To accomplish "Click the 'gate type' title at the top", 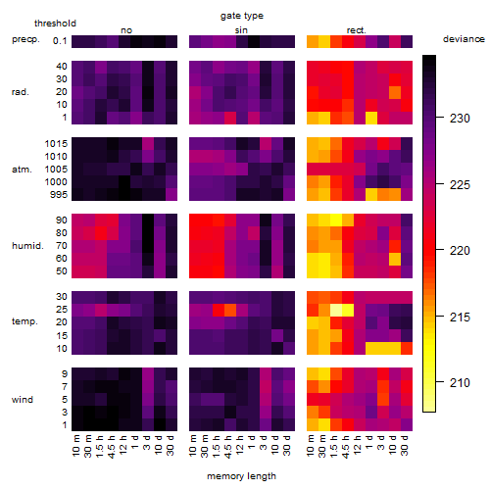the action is (x=242, y=16).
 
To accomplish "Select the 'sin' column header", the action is (x=241, y=30).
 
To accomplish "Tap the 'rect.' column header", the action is (x=356, y=30).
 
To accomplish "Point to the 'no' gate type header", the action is (x=126, y=30).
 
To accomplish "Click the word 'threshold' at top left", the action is (x=55, y=24).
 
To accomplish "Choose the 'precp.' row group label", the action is (x=25, y=39).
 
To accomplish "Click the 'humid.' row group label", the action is (x=27, y=245).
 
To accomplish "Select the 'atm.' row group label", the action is (x=22, y=170).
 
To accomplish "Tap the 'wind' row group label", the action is (x=23, y=399).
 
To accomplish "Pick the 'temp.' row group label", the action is (x=24, y=321).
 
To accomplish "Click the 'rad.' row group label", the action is (x=21, y=92).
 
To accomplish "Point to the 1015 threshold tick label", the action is (x=56, y=143).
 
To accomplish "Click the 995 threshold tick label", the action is (x=59, y=194).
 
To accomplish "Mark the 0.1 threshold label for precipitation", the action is (x=60, y=41).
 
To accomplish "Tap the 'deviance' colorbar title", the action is (x=464, y=39).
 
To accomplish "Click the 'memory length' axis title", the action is (x=241, y=476).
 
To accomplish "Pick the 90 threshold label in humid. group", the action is (x=62, y=220).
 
